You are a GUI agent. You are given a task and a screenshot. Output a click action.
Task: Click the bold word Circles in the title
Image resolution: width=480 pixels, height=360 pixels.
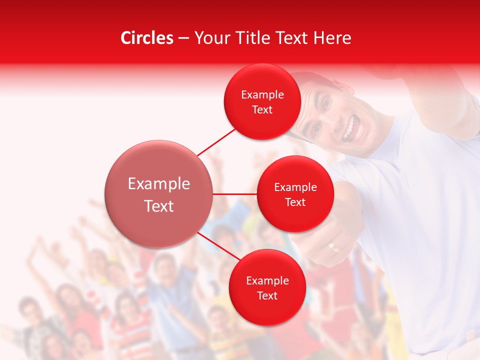(147, 38)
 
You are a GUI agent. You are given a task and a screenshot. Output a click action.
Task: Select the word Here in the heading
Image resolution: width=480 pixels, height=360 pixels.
(332, 38)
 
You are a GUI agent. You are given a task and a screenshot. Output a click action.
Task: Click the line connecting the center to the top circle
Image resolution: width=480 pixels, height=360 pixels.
(217, 142)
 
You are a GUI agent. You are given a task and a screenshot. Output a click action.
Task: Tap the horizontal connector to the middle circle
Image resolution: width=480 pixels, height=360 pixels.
(235, 194)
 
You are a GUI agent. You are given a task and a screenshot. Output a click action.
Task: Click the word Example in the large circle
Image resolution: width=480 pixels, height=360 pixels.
(159, 184)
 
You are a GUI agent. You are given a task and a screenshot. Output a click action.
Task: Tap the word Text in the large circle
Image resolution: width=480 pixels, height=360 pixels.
(159, 206)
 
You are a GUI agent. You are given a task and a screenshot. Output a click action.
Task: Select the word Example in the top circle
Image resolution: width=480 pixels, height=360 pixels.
(262, 95)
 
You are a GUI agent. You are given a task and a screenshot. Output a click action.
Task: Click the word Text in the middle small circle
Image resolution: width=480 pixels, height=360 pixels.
(295, 202)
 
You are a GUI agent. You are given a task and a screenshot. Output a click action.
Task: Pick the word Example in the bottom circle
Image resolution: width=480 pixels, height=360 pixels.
(267, 281)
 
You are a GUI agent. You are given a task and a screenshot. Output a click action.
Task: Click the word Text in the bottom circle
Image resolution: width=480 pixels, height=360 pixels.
(267, 296)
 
